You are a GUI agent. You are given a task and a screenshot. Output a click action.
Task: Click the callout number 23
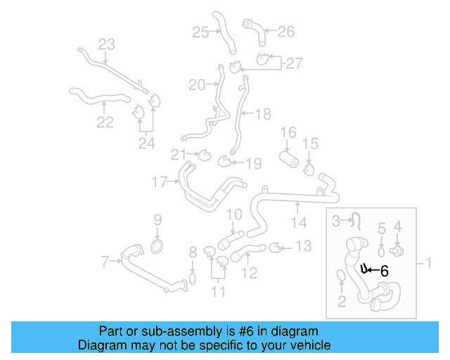[105, 45]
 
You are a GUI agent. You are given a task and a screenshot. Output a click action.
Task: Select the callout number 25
[200, 32]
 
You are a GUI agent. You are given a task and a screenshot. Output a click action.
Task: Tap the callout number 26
[285, 32]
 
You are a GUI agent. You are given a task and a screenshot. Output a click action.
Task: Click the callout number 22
[105, 122]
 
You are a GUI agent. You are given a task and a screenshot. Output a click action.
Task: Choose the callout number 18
[262, 113]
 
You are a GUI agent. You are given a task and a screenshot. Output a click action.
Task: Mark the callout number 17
[160, 183]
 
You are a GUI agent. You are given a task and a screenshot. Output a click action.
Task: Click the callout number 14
[300, 223]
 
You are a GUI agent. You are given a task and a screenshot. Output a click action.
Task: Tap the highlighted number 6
[384, 269]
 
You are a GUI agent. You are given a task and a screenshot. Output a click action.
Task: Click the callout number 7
[105, 262]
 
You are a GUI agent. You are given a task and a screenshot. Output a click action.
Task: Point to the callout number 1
[428, 264]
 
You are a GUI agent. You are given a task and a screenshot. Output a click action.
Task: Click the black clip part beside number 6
[364, 268]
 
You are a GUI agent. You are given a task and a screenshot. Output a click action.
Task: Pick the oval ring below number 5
[382, 251]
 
